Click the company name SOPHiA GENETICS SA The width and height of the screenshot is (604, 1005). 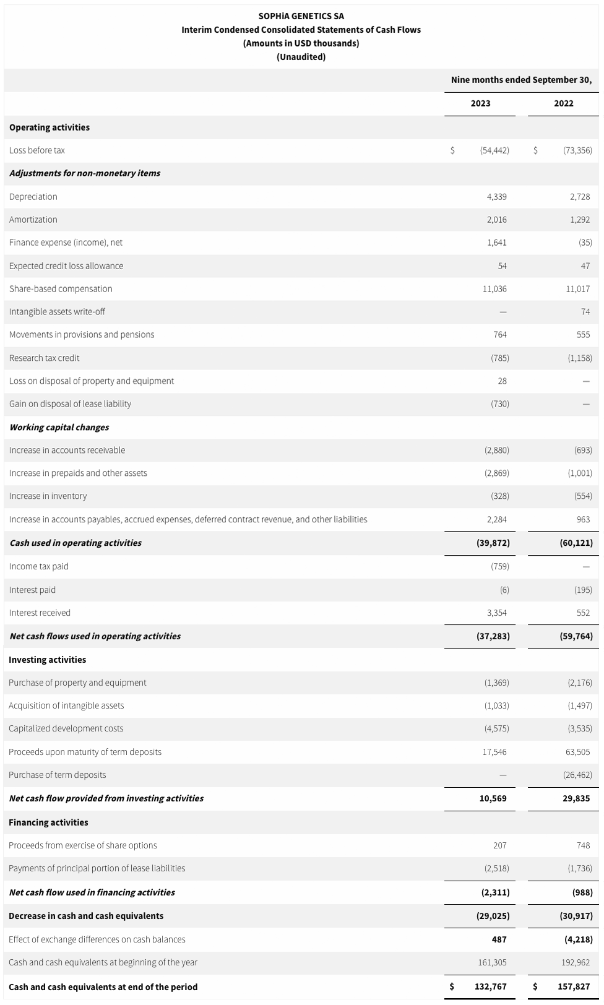[301, 16]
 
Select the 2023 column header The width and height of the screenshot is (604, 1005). [480, 103]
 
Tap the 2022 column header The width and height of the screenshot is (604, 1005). [563, 103]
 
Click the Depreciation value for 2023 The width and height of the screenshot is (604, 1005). [496, 197]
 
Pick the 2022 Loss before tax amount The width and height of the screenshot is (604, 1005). [577, 150]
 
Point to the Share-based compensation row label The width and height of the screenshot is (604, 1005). [61, 289]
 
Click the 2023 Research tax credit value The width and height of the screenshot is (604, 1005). [499, 358]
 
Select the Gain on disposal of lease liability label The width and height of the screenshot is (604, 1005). [70, 404]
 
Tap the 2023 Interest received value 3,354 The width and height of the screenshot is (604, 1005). [496, 613]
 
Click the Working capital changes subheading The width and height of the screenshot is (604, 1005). [59, 428]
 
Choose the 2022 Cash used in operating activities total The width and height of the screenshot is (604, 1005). [576, 543]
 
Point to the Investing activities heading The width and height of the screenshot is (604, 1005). [47, 660]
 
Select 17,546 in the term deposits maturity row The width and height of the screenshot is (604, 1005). [494, 752]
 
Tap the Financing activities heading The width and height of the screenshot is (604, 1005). [48, 822]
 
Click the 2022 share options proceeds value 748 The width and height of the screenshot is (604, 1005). [583, 845]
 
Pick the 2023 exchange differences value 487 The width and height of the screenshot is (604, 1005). [499, 939]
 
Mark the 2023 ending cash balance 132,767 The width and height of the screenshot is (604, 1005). [491, 987]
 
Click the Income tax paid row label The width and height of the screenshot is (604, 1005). [39, 566]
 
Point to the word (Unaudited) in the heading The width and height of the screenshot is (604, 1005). [301, 57]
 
